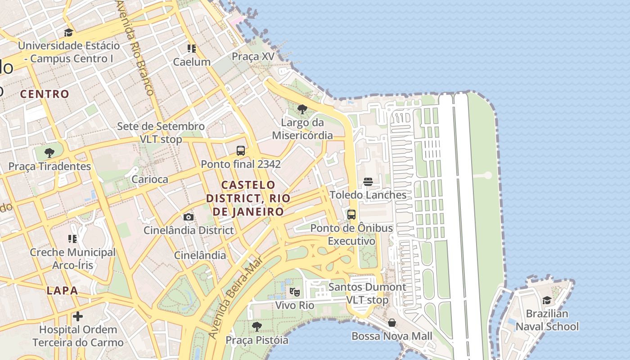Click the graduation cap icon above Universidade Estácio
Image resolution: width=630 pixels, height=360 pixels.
coord(68,32)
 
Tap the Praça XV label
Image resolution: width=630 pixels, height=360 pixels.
coord(252,56)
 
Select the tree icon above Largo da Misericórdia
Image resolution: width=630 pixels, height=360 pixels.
coord(302,109)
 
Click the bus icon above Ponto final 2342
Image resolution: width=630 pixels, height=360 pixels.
coord(241,151)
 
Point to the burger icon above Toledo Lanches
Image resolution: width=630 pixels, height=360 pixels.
coord(368,182)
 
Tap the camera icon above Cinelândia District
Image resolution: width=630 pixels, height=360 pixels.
coord(189,217)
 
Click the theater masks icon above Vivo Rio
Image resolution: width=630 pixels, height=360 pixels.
coord(294,292)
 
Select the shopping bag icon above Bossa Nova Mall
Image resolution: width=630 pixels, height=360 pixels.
coord(392,323)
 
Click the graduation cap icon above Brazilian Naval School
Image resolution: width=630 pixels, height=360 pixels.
coord(547,300)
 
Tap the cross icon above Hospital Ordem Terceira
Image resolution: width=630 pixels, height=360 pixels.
coord(78,316)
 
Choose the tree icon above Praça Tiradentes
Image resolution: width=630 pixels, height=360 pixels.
coord(49,153)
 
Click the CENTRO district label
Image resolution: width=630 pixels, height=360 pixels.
coord(45,94)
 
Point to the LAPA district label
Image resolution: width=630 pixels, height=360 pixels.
coord(62,291)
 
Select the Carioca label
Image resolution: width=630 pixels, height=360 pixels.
coord(150,179)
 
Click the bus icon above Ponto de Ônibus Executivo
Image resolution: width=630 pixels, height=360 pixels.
coord(351,215)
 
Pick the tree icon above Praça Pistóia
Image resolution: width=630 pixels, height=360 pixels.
coord(256,326)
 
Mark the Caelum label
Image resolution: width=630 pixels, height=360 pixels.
coord(192,62)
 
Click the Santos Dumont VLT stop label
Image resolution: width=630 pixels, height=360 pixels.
coord(367,293)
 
